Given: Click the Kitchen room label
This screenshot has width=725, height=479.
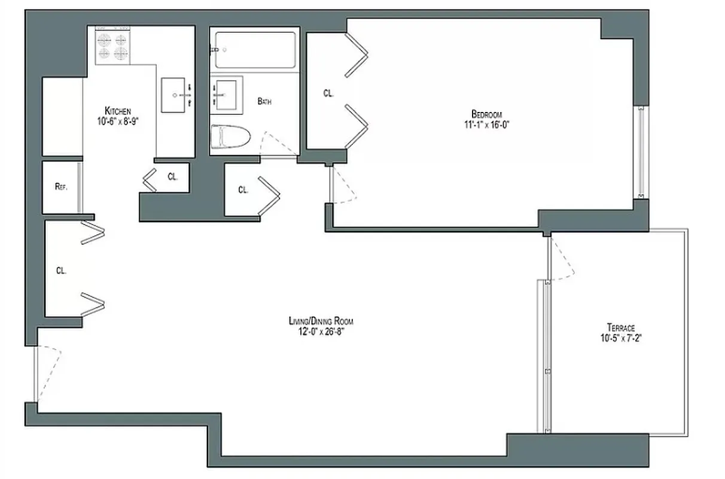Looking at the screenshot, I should pyautogui.click(x=118, y=111).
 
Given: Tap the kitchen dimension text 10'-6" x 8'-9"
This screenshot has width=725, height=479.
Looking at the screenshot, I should pyautogui.click(x=118, y=120).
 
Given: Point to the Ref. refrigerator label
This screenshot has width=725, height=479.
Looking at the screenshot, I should pyautogui.click(x=60, y=186).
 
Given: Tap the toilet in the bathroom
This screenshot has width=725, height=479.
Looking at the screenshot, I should pyautogui.click(x=230, y=137).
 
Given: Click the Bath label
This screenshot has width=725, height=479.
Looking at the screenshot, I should pyautogui.click(x=264, y=102).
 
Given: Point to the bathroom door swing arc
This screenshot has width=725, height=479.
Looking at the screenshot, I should pyautogui.click(x=276, y=143).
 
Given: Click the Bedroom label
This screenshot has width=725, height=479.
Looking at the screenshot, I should pyautogui.click(x=486, y=114).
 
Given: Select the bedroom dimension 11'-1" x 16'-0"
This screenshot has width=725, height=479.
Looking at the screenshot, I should pyautogui.click(x=486, y=125).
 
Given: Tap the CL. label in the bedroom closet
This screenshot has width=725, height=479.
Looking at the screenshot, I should pyautogui.click(x=328, y=93).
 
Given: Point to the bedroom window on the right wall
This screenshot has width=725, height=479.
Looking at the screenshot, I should pyautogui.click(x=641, y=152).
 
